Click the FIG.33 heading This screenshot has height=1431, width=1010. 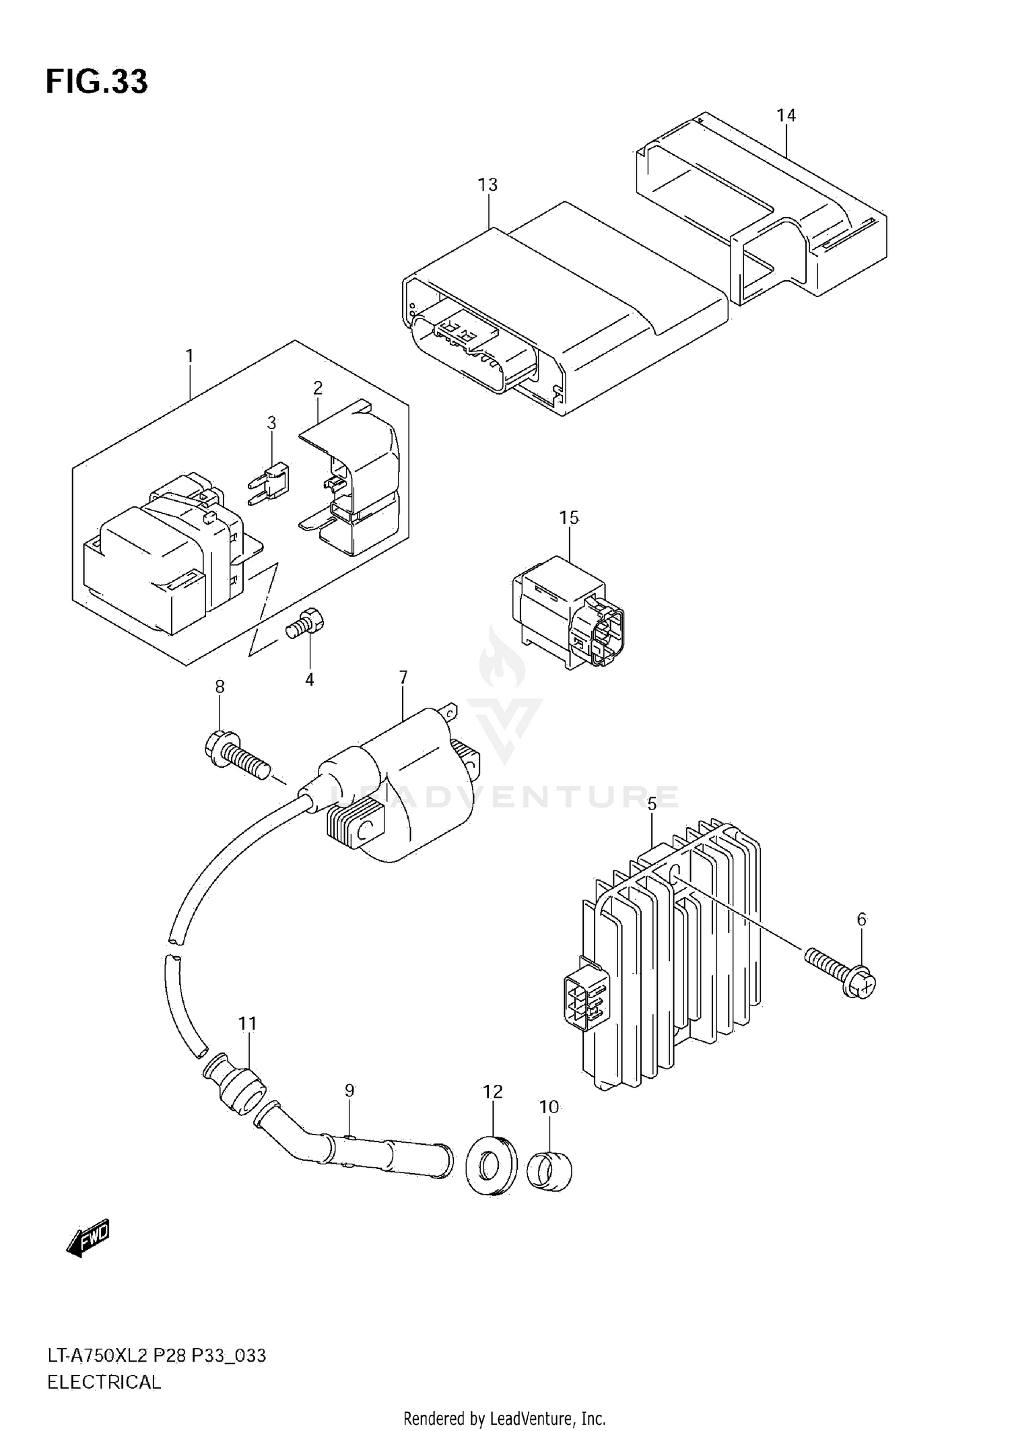pyautogui.click(x=96, y=81)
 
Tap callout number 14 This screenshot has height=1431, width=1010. pyautogui.click(x=786, y=116)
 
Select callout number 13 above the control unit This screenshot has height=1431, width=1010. pyautogui.click(x=487, y=185)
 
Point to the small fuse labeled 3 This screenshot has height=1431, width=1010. pyautogui.click(x=272, y=479)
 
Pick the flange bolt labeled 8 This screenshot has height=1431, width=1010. pyautogui.click(x=236, y=757)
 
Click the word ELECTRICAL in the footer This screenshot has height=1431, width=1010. pyautogui.click(x=104, y=1382)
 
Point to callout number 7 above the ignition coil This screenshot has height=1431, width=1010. pyautogui.click(x=403, y=677)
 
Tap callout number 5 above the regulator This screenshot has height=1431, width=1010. pyautogui.click(x=651, y=804)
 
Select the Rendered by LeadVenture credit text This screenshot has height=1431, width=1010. pyautogui.click(x=504, y=1418)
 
